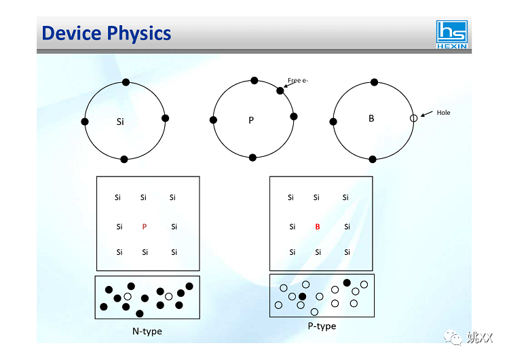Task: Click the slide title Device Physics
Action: point(107,33)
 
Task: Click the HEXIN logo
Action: point(451,35)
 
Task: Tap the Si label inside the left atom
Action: point(120,122)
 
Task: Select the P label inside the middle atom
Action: point(250,120)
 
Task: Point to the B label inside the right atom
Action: point(371,118)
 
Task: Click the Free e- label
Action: point(298,81)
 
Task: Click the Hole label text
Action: point(443,113)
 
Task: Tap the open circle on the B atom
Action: point(413,118)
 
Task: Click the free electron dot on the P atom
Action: point(280,90)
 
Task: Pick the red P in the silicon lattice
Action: point(144,227)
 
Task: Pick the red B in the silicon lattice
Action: point(317,227)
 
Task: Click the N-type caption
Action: point(147,331)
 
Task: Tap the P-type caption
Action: point(322,326)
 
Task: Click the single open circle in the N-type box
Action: point(128,296)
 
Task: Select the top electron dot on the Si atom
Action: point(126,82)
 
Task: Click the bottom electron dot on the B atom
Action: point(372,159)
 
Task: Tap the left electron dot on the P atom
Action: point(213,120)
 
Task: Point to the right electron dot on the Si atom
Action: point(165,118)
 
